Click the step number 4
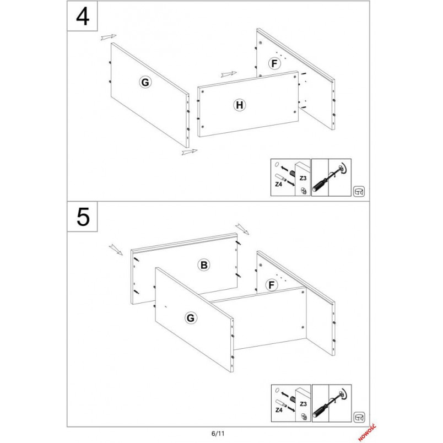pos(83,17)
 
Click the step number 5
pos(83,217)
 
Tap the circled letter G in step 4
pos(145,83)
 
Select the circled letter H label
pos(240,105)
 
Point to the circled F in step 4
pos(274,63)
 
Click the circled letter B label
pos(204,265)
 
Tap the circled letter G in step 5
pos(191,318)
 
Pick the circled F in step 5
pos(272,285)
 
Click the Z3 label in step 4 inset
pos(303,179)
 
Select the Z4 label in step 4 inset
pos(279,184)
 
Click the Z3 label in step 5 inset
pos(303,404)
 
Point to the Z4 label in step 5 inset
pos(279,409)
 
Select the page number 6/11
pos(218,434)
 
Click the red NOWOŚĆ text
pos(367,433)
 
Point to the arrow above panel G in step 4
pos(109,37)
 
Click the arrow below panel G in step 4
pos(190,152)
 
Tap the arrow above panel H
pos(229,74)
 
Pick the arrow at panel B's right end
pos(242,229)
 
